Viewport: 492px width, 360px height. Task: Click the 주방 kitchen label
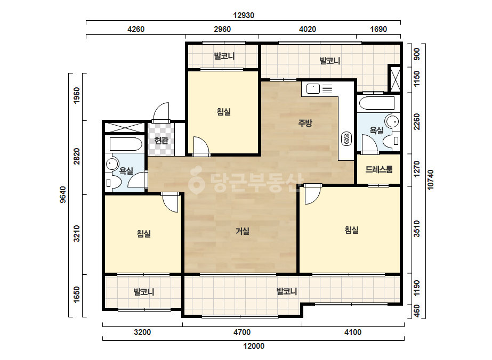point(305,123)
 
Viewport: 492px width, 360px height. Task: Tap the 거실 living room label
point(243,232)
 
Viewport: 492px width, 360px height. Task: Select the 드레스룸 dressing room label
point(378,170)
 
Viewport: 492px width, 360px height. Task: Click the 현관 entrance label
point(162,141)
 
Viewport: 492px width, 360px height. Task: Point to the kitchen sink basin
point(313,89)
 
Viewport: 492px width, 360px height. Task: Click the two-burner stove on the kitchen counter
point(346,139)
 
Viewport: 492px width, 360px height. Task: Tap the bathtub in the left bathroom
point(125,144)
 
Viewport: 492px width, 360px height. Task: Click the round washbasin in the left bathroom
point(112,163)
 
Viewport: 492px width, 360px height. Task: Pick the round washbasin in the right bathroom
point(392,121)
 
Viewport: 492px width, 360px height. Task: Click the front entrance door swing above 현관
point(162,112)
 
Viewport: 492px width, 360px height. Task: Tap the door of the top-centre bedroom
point(201,146)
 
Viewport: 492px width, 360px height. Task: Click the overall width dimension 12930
point(244,15)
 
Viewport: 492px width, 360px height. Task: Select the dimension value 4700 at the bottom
point(242,332)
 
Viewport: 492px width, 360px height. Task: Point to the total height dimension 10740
point(430,179)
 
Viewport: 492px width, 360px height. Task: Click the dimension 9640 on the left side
point(63,194)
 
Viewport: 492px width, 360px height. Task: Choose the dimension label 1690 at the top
point(378,29)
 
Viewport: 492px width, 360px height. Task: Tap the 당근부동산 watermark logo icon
point(196,180)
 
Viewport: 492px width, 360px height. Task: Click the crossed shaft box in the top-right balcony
point(394,79)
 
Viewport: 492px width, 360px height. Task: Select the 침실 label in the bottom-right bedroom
point(352,230)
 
